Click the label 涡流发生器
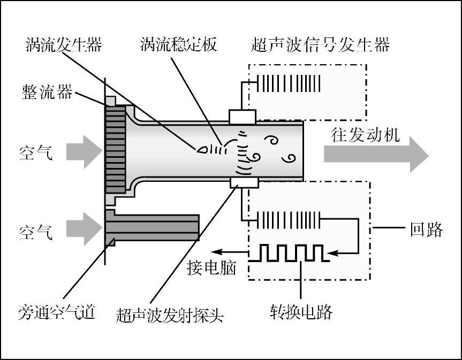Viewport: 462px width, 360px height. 64,45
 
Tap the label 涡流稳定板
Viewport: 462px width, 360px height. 179,44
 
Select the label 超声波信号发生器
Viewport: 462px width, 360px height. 320,45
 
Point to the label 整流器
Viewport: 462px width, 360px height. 47,92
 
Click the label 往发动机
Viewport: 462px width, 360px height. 365,135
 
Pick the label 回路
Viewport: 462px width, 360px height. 427,229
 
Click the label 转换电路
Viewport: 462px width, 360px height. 301,312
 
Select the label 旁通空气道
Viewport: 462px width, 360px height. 57,312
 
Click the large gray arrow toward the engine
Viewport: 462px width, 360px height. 376,154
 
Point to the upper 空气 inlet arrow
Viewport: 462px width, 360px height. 84,152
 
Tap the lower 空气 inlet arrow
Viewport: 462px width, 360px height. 84,229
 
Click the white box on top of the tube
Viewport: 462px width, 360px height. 242,117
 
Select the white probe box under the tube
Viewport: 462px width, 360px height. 244,183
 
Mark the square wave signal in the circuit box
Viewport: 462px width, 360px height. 289,253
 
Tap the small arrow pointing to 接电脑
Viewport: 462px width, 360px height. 230,251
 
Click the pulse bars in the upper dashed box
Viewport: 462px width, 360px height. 289,83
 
